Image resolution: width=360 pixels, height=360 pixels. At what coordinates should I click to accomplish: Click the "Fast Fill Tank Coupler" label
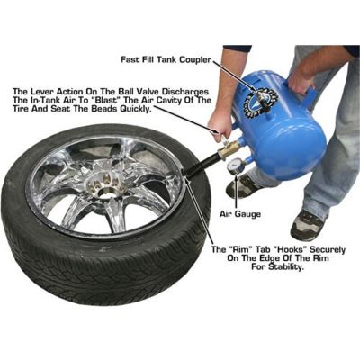[166, 59]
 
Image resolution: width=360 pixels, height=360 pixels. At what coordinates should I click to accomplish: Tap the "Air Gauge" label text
[240, 214]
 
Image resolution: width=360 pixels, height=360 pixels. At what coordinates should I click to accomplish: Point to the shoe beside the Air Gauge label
[307, 225]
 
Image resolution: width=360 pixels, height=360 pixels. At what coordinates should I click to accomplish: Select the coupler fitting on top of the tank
[263, 99]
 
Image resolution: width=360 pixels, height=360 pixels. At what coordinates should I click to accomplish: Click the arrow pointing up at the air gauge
[237, 192]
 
